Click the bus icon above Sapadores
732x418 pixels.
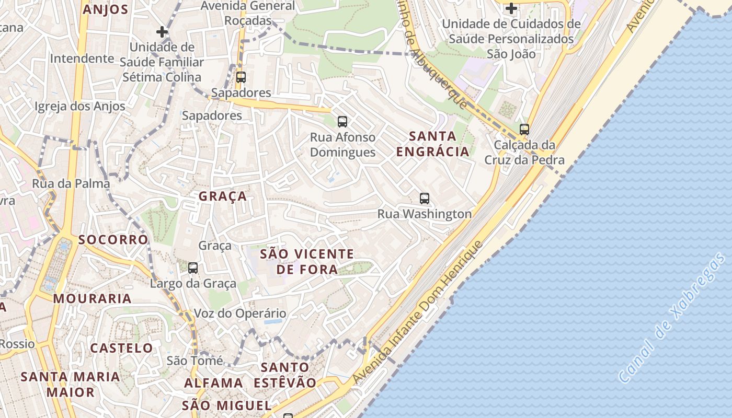(241, 77)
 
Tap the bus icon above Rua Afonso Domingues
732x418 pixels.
(342, 122)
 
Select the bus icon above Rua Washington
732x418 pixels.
(425, 199)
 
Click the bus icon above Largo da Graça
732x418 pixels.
(193, 268)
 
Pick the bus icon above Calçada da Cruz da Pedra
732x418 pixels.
(524, 129)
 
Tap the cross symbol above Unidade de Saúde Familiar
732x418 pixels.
(162, 31)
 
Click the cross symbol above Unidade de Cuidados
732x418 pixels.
(511, 8)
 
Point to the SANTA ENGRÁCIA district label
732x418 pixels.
(432, 144)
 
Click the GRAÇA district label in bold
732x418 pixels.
(222, 196)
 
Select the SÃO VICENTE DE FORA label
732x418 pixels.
(307, 262)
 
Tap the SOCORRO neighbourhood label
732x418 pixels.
(113, 240)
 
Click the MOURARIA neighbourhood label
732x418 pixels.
(92, 299)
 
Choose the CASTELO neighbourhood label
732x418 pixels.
(121, 348)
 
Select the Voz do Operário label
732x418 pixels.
(240, 313)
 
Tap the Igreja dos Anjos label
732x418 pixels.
(80, 107)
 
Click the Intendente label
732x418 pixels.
(82, 58)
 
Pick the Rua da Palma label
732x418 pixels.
(71, 183)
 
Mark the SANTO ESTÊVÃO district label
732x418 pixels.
(285, 375)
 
